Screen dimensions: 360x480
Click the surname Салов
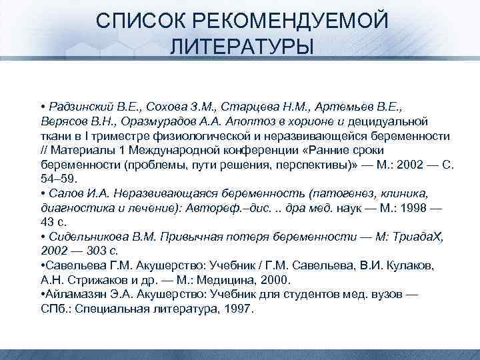pyautogui.click(x=63, y=193)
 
